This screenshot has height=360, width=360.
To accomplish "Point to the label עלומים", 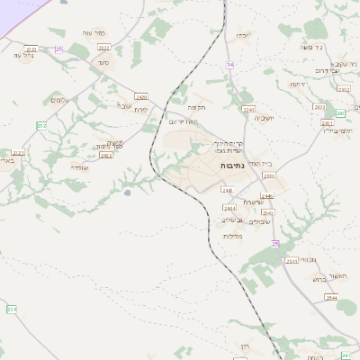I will [60, 100].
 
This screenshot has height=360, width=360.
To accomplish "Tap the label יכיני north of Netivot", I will [244, 36].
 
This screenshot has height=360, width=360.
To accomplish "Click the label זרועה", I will [298, 85].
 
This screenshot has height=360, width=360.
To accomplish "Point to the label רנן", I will [244, 346].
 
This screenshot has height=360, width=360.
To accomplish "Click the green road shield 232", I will [41, 126].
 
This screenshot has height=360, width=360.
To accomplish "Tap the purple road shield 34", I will [230, 65].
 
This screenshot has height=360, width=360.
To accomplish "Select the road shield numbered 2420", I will [140, 96].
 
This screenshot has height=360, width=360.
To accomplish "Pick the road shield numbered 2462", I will [106, 155].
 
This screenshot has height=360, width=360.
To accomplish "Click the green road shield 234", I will [12, 309].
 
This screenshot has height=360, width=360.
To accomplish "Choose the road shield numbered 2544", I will [331, 297].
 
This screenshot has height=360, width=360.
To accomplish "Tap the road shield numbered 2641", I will [291, 261].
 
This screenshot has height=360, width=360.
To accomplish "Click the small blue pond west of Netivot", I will [127, 192].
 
